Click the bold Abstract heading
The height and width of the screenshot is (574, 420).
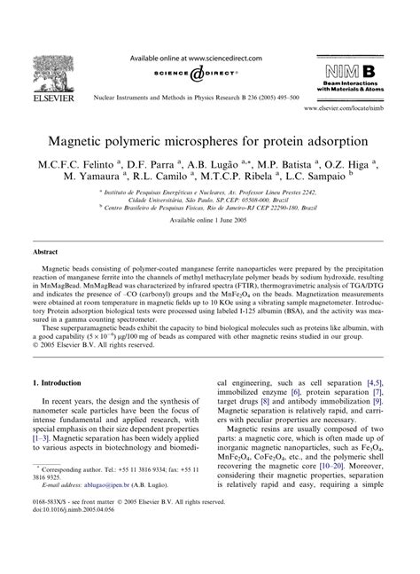click(x=46, y=277)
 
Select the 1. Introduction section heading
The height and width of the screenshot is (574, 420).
click(x=68, y=382)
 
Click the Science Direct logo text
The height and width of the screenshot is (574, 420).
click(x=211, y=75)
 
